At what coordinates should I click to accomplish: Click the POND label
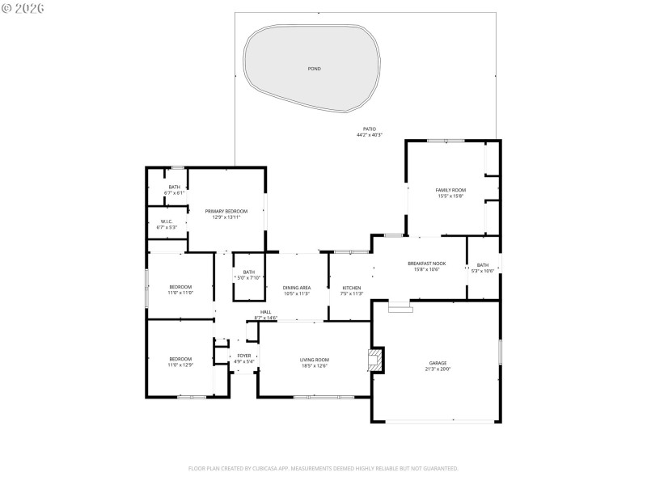tap(314, 69)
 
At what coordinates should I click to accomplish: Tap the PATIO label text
tap(369, 129)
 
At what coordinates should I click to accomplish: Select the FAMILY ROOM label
tap(450, 190)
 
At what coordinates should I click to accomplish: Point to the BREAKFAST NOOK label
tap(426, 264)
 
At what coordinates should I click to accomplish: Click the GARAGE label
tap(438, 363)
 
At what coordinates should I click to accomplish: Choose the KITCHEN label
tap(351, 288)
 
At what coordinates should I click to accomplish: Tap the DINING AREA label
tap(297, 288)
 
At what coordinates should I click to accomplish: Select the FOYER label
tap(243, 356)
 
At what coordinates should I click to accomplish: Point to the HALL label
tap(265, 312)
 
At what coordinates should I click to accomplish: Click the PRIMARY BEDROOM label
tap(226, 211)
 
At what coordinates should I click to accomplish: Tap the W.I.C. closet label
tap(167, 221)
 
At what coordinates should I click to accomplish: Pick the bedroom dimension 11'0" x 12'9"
tap(180, 365)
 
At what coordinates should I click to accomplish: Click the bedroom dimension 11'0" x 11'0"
tap(180, 293)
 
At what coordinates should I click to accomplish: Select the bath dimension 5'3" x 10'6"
tap(482, 271)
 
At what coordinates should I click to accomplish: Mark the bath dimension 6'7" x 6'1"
tap(175, 193)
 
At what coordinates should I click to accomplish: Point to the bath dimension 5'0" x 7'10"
tap(249, 278)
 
